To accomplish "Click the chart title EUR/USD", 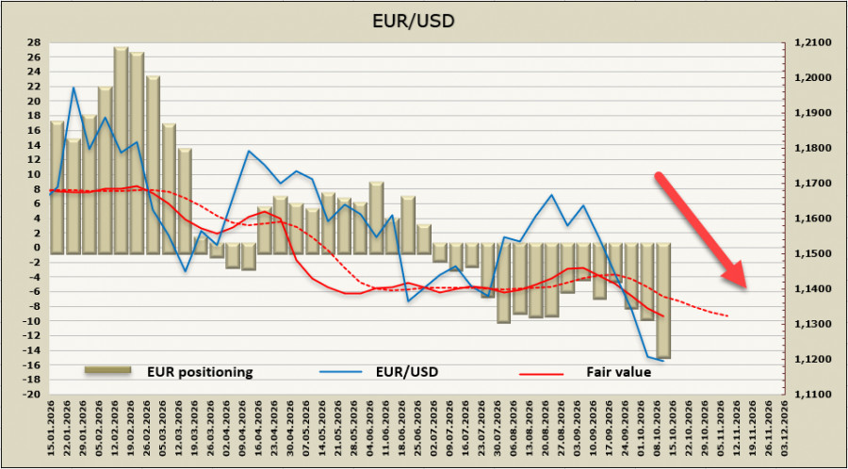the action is pyautogui.click(x=414, y=21).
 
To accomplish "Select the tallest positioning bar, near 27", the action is pyautogui.click(x=122, y=150).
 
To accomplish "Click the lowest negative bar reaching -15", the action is pyautogui.click(x=663, y=300).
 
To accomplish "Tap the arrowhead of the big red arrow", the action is pyautogui.click(x=736, y=276).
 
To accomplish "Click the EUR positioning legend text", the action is pyautogui.click(x=200, y=372).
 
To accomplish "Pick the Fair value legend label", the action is pyautogui.click(x=619, y=372).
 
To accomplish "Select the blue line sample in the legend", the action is pyautogui.click(x=340, y=372).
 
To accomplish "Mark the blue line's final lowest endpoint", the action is pyautogui.click(x=663, y=361).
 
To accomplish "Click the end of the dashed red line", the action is pyautogui.click(x=728, y=316).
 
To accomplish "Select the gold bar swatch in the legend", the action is pyautogui.click(x=107, y=369).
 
